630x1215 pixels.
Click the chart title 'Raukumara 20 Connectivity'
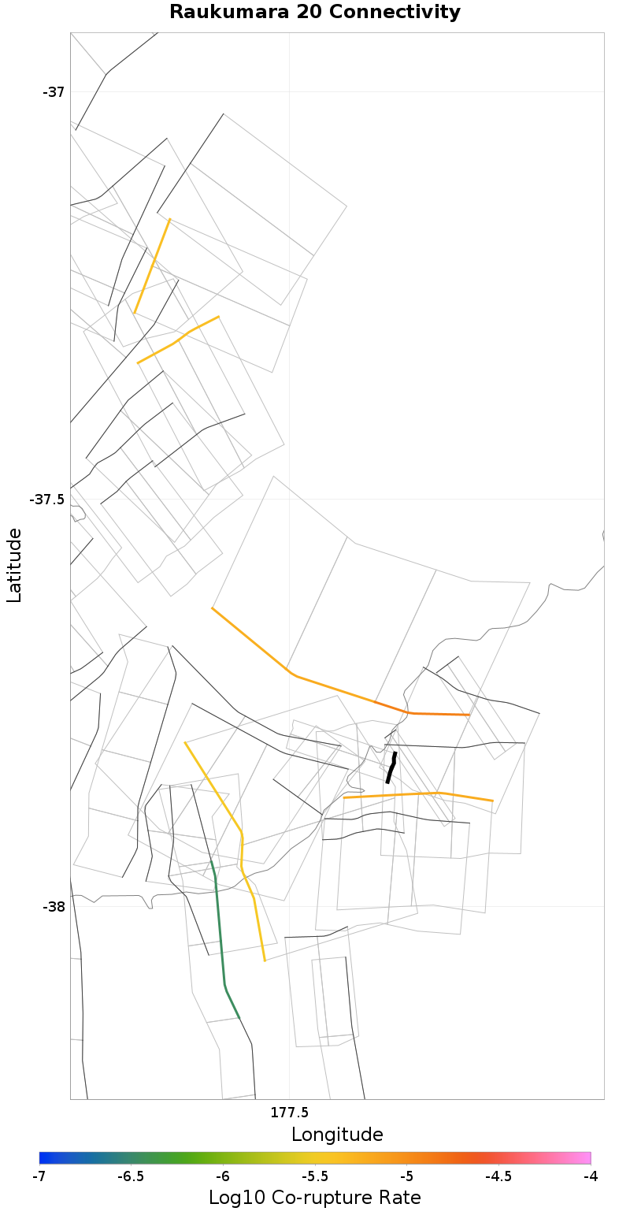point(315,12)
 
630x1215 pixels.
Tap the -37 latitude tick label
point(54,92)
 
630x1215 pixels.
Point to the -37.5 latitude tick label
point(47,500)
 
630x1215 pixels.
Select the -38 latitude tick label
point(54,907)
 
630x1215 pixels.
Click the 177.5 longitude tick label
point(289,1113)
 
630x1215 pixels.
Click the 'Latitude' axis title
point(14,565)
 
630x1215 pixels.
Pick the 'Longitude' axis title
point(337,1135)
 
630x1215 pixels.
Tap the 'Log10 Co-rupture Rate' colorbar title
point(315,1198)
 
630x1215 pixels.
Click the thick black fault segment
point(391,767)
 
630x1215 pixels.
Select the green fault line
point(220,938)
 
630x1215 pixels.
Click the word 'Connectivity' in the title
point(406,12)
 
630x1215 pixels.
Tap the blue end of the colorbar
point(44,1157)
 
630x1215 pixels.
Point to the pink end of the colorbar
point(585,1157)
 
